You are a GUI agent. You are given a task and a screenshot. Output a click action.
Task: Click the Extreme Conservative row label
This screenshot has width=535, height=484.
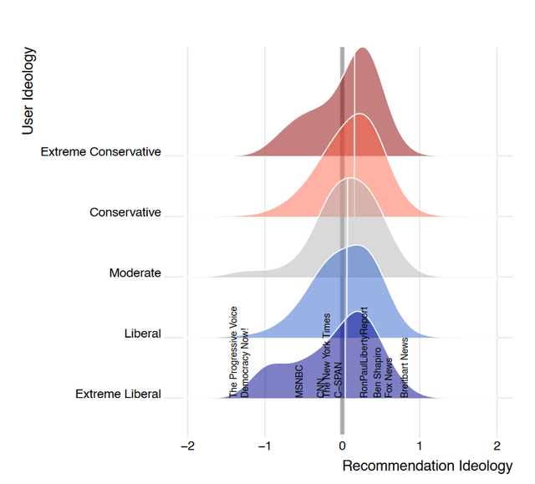pyautogui.click(x=100, y=152)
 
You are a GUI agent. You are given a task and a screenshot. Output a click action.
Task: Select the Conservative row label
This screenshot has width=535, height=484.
pyautogui.click(x=125, y=212)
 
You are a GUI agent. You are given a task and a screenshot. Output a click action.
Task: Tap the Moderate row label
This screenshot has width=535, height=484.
pyautogui.click(x=135, y=273)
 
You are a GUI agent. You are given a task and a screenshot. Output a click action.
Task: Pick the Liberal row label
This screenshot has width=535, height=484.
pyautogui.click(x=142, y=334)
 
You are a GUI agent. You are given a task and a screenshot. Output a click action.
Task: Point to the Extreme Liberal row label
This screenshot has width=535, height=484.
pyautogui.click(x=118, y=394)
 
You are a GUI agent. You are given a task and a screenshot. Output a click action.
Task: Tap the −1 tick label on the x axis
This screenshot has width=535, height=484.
pyautogui.click(x=264, y=445)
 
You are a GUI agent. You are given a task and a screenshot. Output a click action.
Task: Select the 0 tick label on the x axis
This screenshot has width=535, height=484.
pyautogui.click(x=342, y=445)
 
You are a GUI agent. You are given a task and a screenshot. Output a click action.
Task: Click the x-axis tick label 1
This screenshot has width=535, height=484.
pyautogui.click(x=420, y=445)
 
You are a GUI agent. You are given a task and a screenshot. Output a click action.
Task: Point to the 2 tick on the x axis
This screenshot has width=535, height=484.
pyautogui.click(x=497, y=445)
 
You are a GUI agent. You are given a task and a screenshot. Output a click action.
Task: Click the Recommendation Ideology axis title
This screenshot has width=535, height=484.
pyautogui.click(x=427, y=466)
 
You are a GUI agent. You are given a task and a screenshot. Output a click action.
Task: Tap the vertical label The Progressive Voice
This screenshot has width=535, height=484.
pyautogui.click(x=234, y=351)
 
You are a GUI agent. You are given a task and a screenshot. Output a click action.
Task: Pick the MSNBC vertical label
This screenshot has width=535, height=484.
pyautogui.click(x=299, y=380)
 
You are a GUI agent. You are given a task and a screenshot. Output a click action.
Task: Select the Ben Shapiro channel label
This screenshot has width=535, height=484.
pyautogui.click(x=378, y=371)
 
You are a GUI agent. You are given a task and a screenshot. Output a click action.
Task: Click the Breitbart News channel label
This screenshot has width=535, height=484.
pyautogui.click(x=405, y=367)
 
